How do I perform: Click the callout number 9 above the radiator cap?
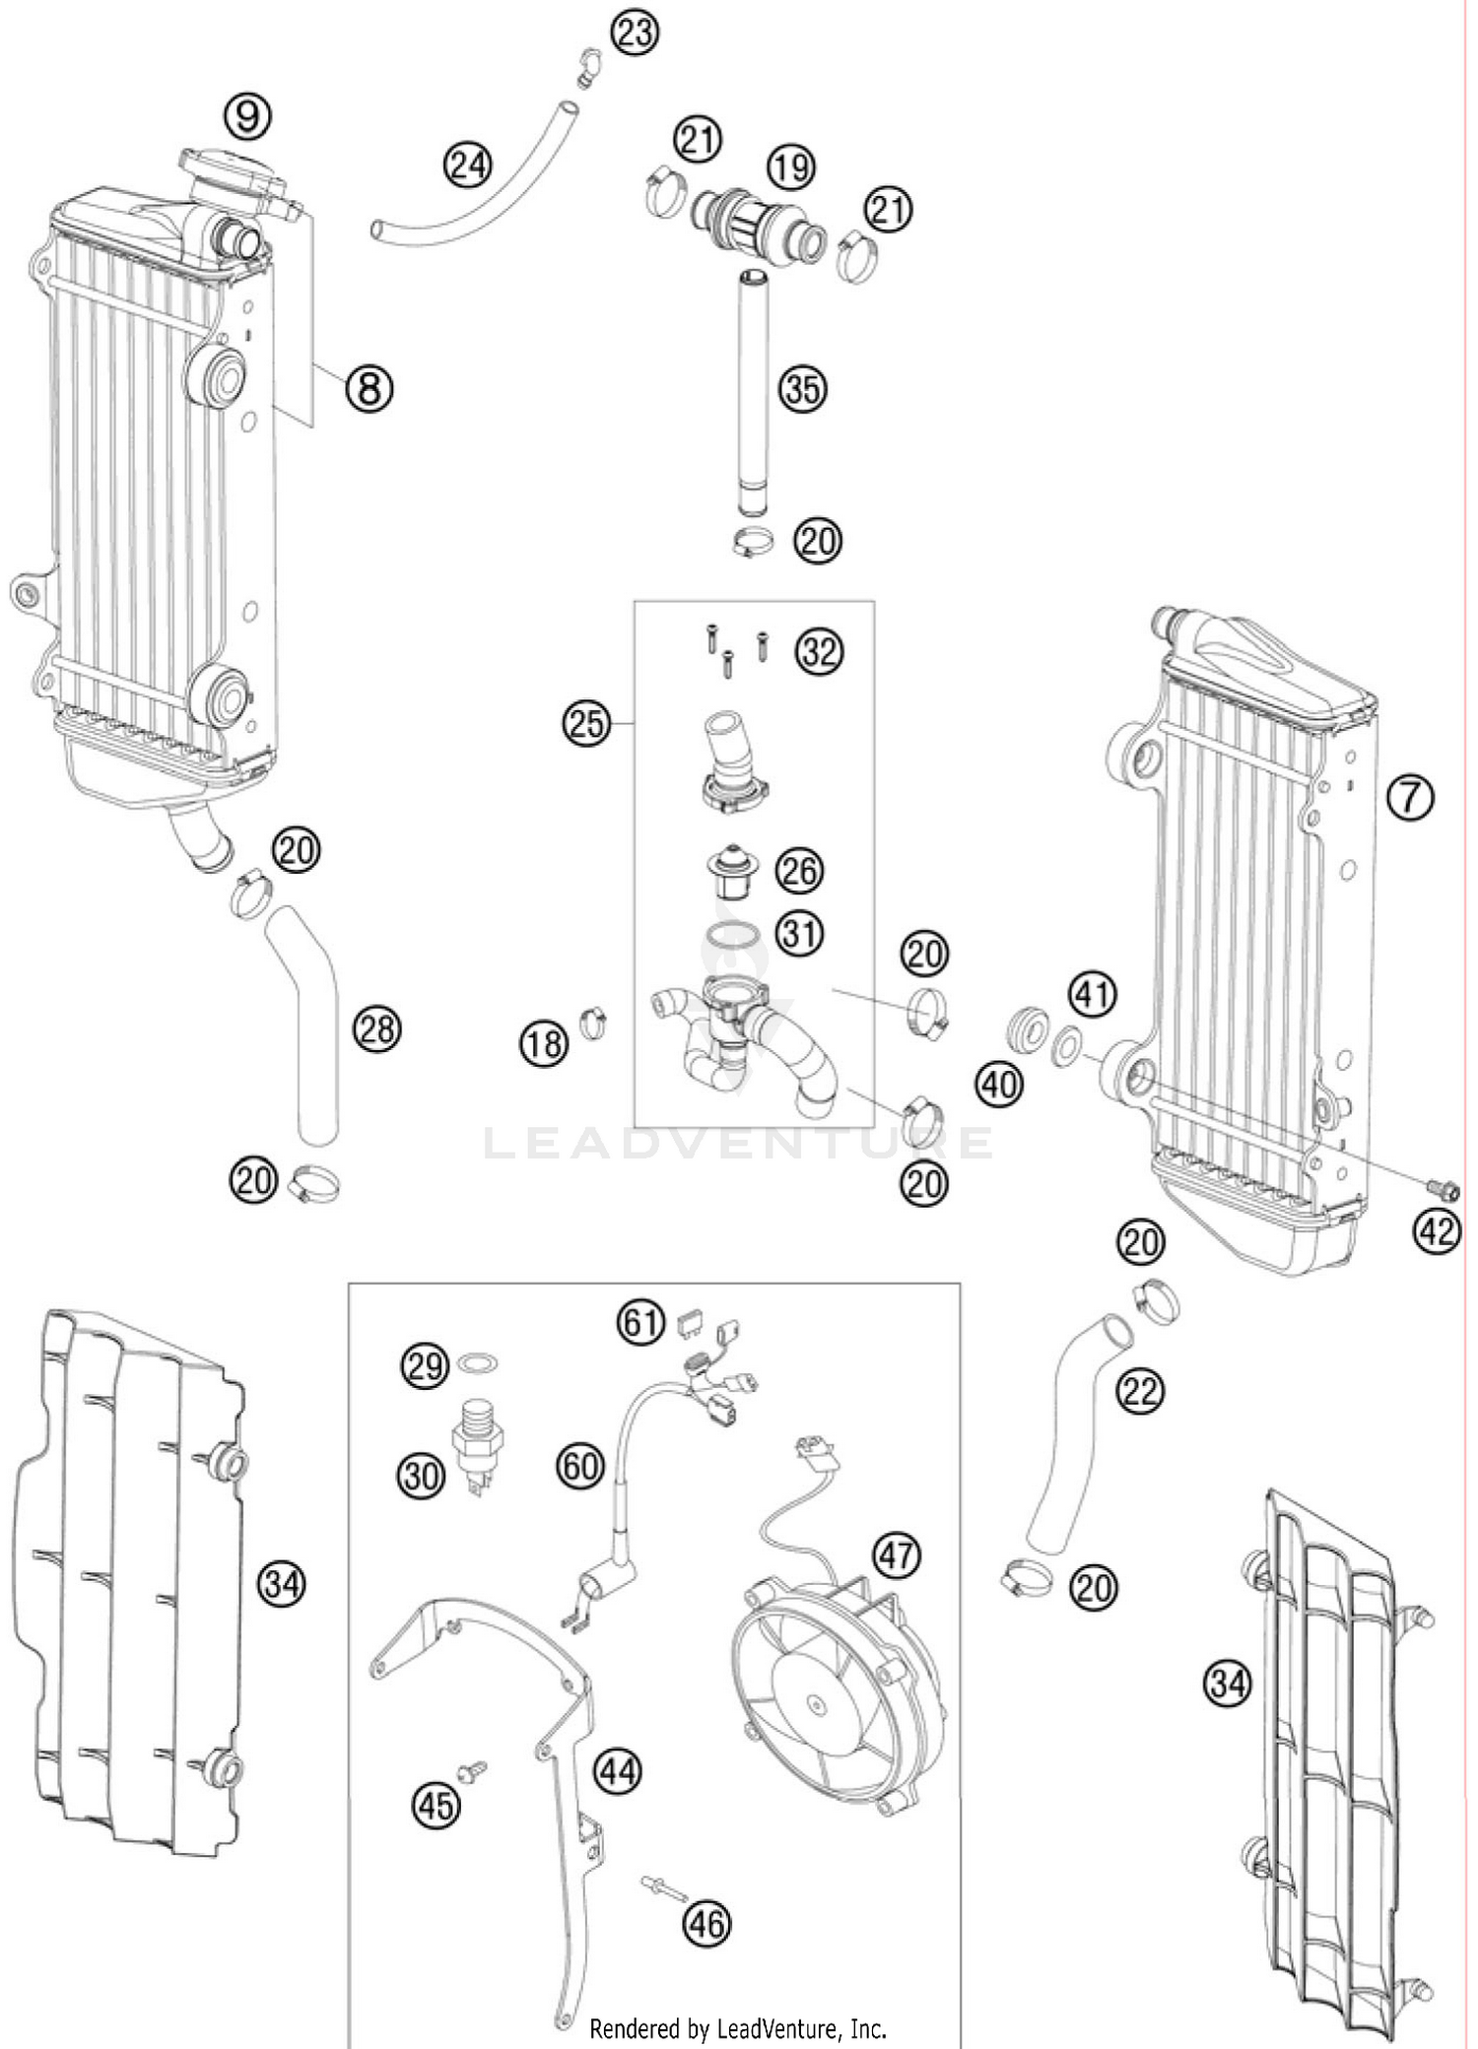(x=247, y=117)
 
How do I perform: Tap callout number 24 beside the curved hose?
(x=468, y=164)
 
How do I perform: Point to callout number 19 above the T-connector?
(x=791, y=167)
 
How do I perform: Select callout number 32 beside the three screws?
(x=819, y=652)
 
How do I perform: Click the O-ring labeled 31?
(x=732, y=934)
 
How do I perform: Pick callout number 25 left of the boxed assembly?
(x=586, y=724)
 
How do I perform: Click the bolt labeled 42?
(x=1446, y=1190)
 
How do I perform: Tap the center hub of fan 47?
(x=816, y=1702)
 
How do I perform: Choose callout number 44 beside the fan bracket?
(x=618, y=1771)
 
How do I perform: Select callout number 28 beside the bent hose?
(x=377, y=1030)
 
